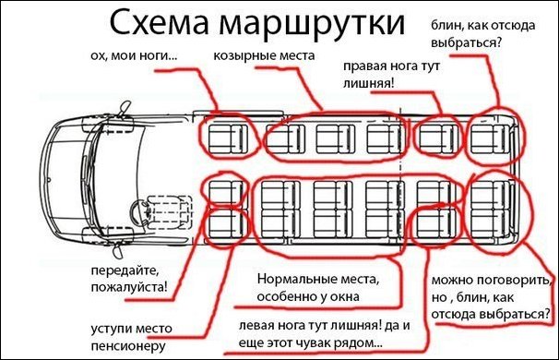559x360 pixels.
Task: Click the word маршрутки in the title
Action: [312, 25]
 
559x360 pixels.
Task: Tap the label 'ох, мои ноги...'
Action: [134, 56]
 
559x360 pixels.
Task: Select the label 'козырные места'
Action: [264, 56]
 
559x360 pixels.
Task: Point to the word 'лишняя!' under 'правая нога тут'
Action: [369, 83]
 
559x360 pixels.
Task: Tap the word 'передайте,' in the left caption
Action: [125, 270]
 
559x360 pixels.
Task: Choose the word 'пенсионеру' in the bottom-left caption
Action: [128, 346]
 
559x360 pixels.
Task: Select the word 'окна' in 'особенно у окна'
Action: [344, 297]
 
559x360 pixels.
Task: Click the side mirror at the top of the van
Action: [125, 108]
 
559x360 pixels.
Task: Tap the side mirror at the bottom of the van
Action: [118, 251]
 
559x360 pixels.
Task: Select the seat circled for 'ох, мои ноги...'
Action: [227, 139]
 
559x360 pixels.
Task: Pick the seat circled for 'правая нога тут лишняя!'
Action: [438, 138]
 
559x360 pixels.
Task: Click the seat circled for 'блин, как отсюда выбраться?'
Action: [490, 138]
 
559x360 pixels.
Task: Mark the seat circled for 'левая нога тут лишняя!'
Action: [435, 223]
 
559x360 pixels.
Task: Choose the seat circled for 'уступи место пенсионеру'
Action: [227, 223]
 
